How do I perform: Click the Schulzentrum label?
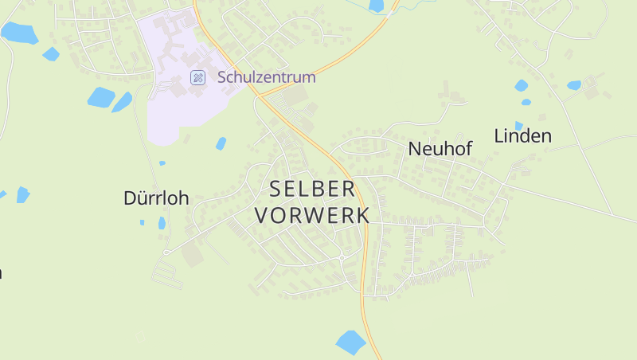click(x=267, y=77)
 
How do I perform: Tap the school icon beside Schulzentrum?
click(x=197, y=77)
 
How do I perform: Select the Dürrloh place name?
click(x=156, y=198)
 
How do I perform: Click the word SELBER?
click(x=312, y=190)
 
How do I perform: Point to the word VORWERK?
click(x=312, y=215)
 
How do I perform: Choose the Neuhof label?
click(x=440, y=149)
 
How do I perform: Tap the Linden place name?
click(x=523, y=136)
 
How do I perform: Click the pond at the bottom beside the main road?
click(x=350, y=342)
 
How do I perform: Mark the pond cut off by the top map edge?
click(x=377, y=6)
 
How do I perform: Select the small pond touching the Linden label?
click(x=519, y=125)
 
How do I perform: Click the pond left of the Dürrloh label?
click(x=22, y=194)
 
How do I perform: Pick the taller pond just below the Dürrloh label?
click(x=162, y=223)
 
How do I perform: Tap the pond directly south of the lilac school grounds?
click(x=221, y=143)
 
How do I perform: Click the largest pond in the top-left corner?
click(x=19, y=33)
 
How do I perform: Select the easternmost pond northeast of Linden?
click(x=574, y=85)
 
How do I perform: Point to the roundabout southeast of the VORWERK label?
click(x=342, y=256)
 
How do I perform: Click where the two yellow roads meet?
click(x=260, y=95)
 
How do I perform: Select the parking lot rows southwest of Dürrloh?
click(x=166, y=275)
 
